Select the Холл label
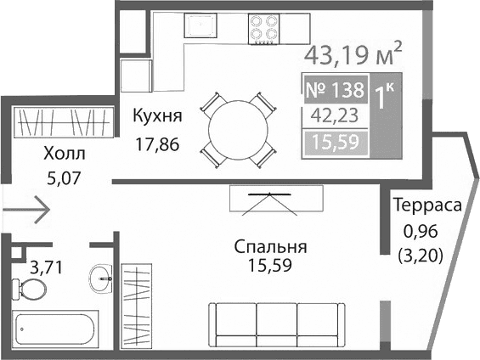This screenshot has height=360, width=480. [x=64, y=154]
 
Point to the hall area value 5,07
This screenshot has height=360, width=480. [x=65, y=178]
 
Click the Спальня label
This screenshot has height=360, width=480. [x=270, y=247]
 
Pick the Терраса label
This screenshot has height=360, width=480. [x=426, y=205]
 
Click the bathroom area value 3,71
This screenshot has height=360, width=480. [x=47, y=268]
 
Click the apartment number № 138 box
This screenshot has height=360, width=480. [x=334, y=89]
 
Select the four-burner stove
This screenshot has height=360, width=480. [x=266, y=32]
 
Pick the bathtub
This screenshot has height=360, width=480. [x=55, y=328]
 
